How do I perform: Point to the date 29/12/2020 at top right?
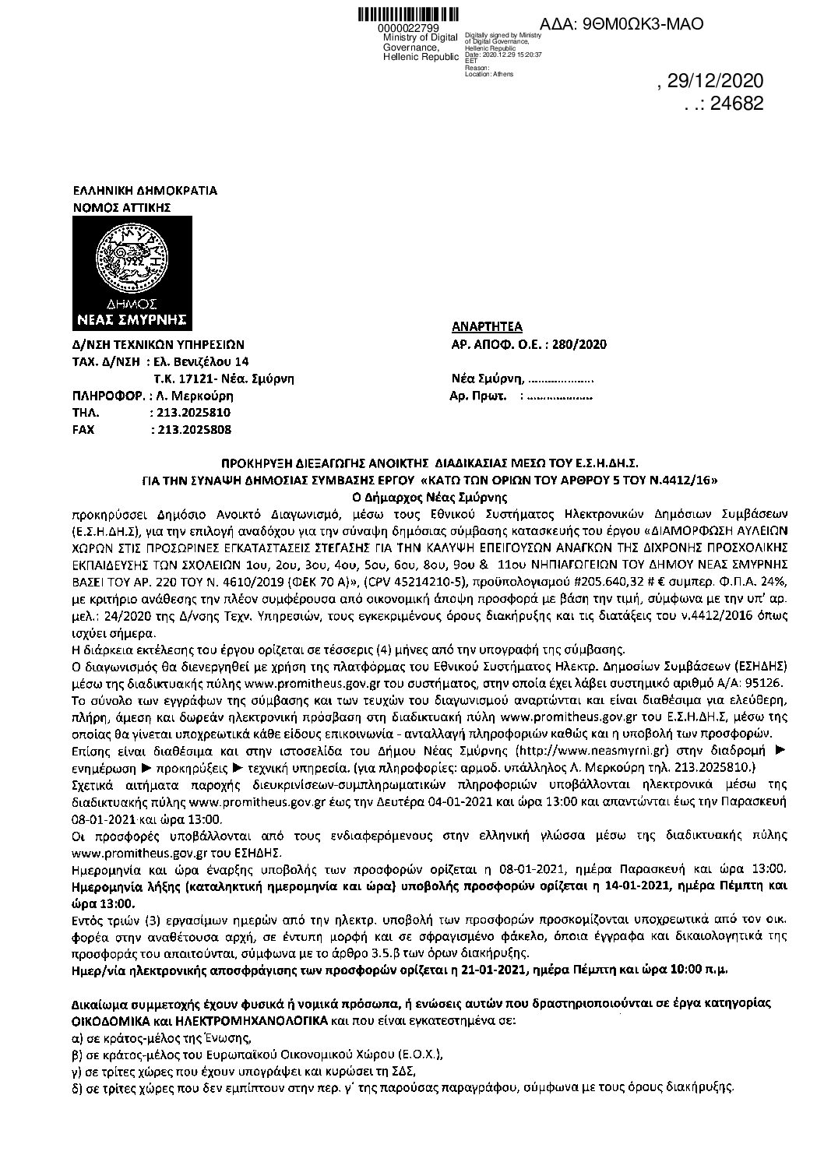point(716,82)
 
